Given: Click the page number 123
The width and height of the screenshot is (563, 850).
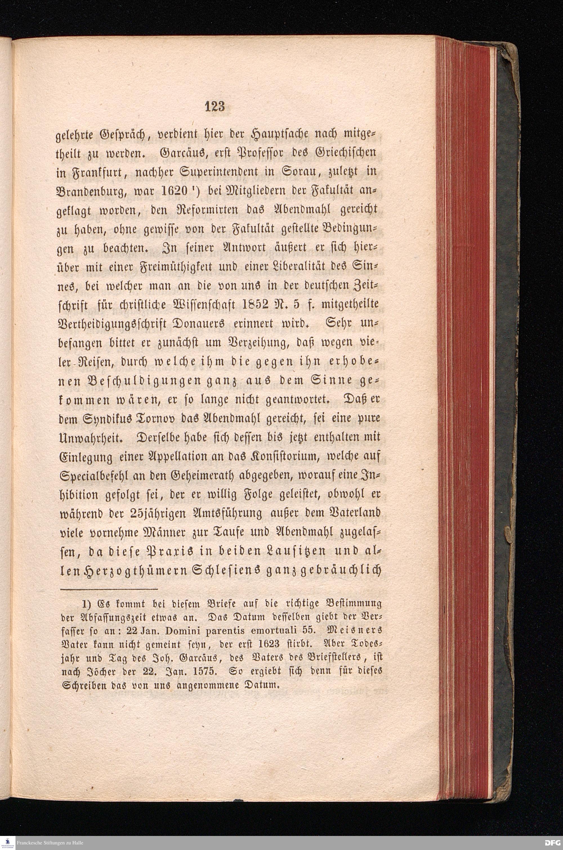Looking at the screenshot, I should click(x=215, y=107).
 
